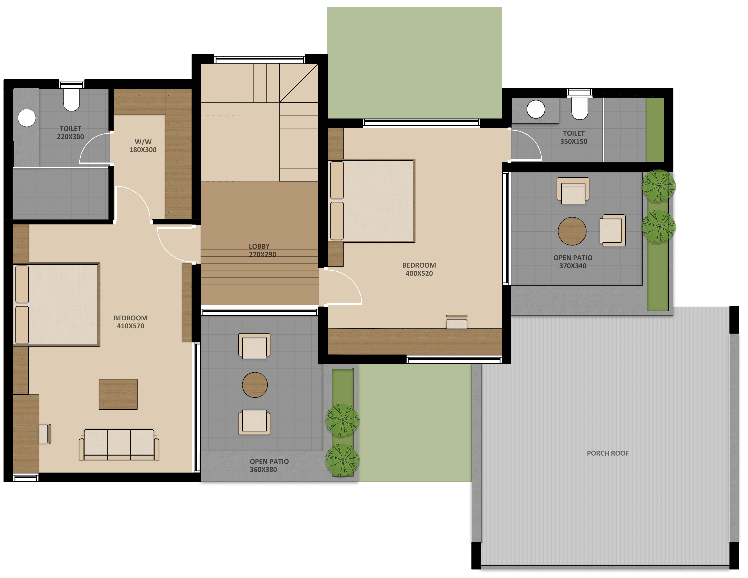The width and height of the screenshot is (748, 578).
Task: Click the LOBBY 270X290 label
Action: point(262,250)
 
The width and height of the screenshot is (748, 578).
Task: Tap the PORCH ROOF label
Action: point(608,453)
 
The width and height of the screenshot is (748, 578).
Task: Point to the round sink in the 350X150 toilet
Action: point(536,109)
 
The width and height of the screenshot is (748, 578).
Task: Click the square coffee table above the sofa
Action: point(118,394)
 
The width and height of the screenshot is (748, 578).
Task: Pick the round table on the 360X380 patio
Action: point(255,385)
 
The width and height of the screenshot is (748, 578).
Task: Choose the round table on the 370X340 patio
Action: point(572,231)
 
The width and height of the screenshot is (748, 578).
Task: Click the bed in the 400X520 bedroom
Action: point(372,201)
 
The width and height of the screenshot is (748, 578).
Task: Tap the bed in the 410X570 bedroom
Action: point(56,305)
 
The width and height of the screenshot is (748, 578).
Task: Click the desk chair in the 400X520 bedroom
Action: point(456,322)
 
